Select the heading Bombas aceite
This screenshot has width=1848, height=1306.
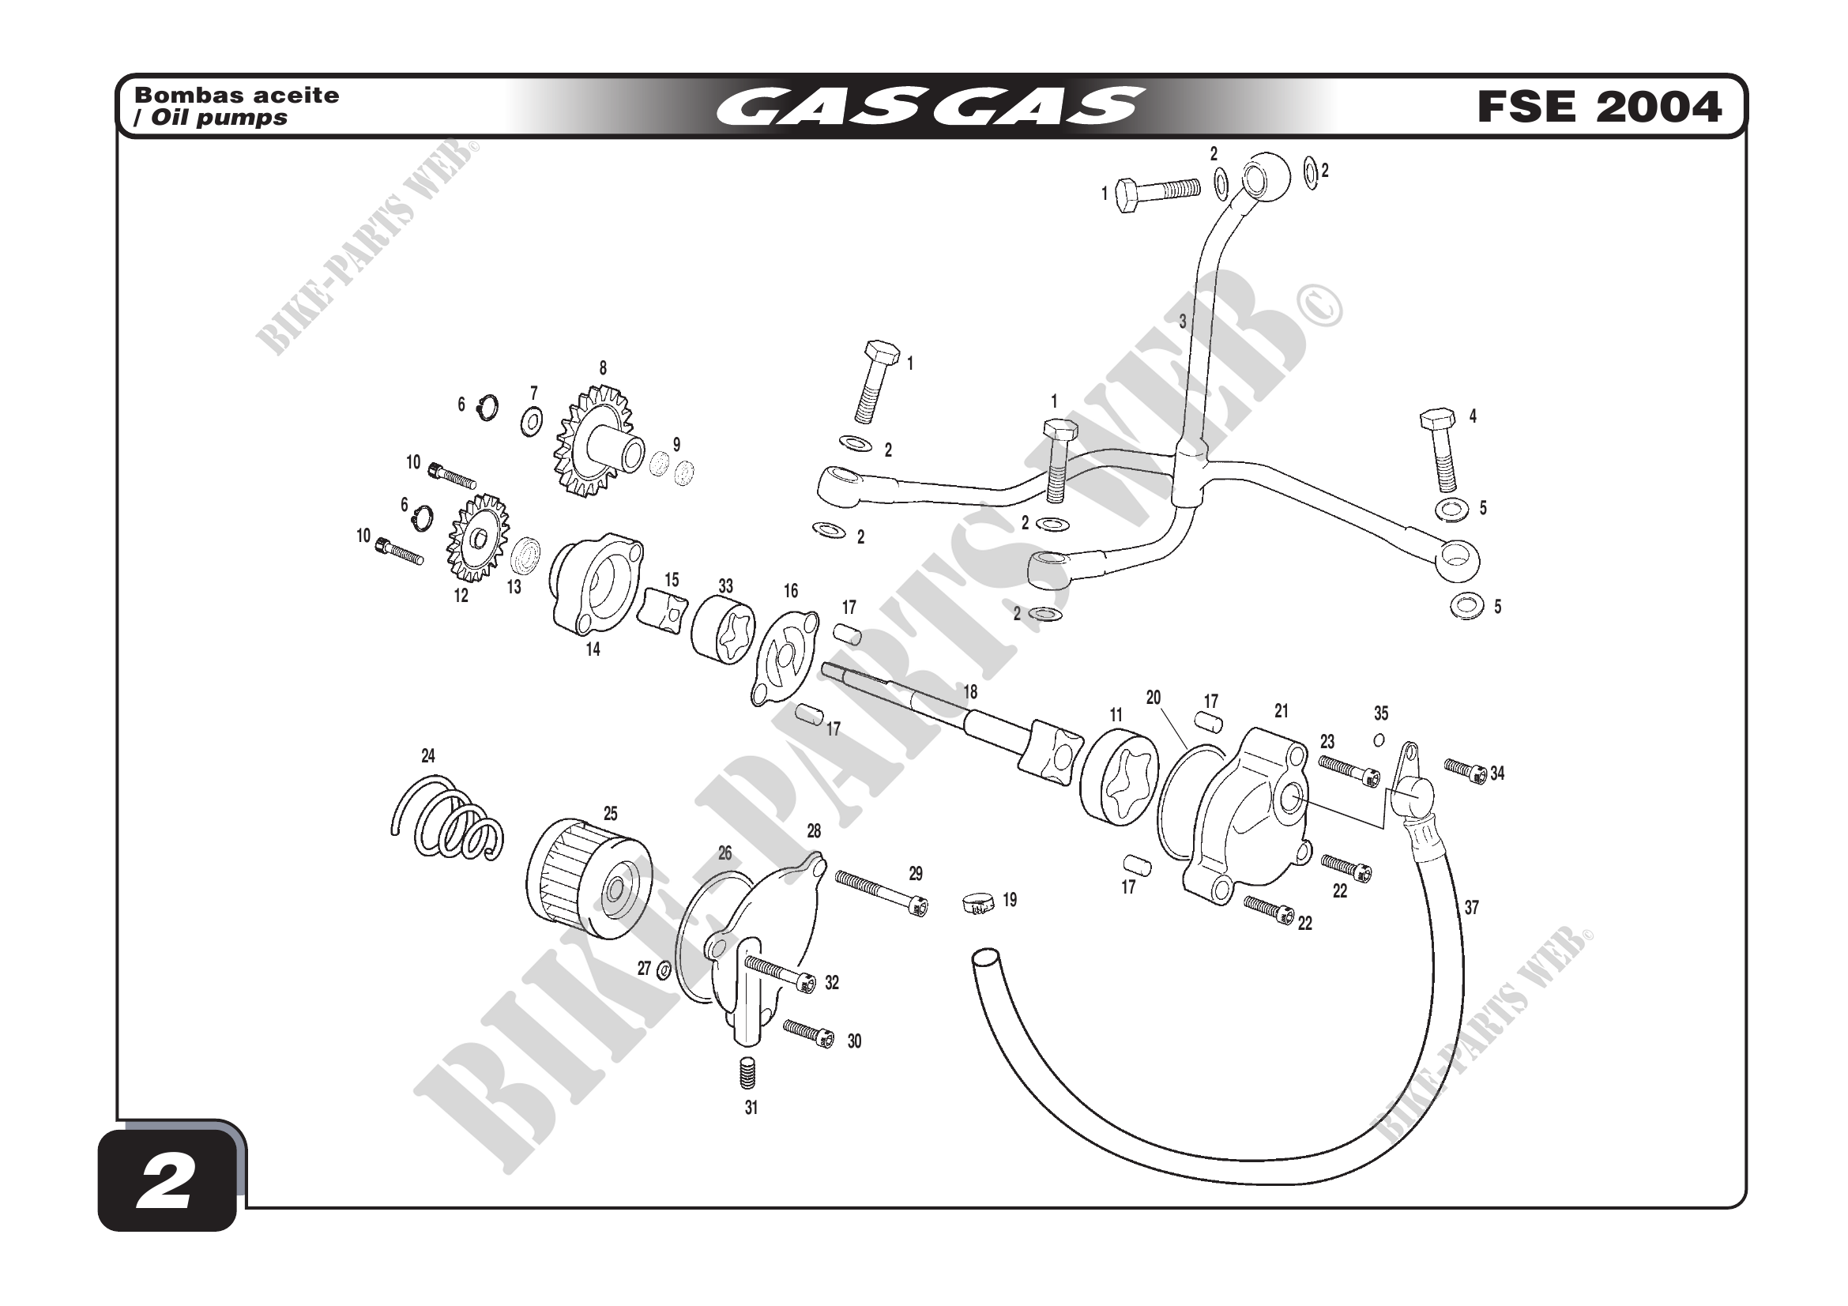[237, 95]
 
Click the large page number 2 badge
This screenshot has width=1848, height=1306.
[167, 1180]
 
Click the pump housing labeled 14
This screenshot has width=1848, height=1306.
[596, 583]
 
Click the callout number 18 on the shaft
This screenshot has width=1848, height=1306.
[970, 691]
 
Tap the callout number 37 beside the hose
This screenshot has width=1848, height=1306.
[1471, 908]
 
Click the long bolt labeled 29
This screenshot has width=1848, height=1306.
[880, 890]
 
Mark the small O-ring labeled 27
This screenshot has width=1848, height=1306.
[664, 971]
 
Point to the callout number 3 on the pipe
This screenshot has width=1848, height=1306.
[1183, 321]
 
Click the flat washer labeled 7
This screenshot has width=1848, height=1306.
[531, 421]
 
